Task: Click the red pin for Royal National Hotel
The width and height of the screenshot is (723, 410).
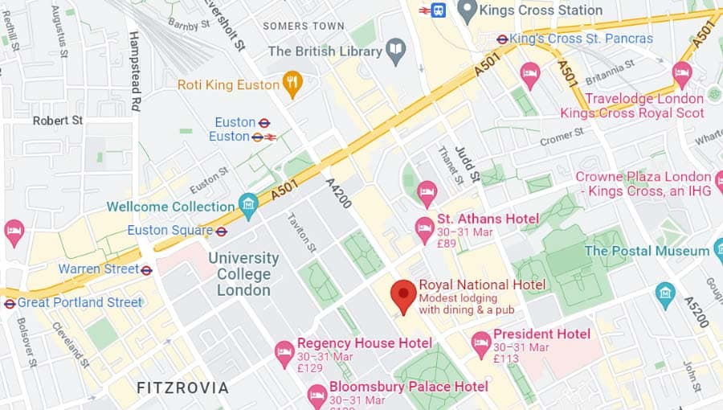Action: click(402, 295)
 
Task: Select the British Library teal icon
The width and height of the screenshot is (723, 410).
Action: click(395, 51)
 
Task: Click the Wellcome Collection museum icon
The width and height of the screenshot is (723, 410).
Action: click(248, 205)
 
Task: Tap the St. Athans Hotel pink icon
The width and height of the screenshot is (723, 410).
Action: click(425, 229)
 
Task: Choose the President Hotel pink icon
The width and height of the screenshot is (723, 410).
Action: click(480, 343)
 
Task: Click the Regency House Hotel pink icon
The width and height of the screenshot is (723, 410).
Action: click(284, 351)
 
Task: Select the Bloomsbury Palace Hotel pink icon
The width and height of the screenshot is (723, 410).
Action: click(317, 394)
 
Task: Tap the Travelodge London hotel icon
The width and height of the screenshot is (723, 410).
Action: click(682, 73)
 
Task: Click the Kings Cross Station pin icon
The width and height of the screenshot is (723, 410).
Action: click(467, 10)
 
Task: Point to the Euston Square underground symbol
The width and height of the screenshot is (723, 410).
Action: click(222, 232)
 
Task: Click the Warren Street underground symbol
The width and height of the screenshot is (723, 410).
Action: click(146, 270)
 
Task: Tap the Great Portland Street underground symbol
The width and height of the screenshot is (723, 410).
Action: click(10, 303)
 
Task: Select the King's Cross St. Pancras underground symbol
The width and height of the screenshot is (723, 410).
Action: click(502, 39)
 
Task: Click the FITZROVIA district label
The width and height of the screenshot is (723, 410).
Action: click(182, 387)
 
